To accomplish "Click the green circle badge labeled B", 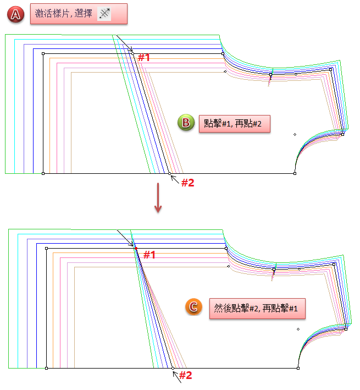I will pos(186,122).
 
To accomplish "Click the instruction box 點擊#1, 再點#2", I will pos(234,123).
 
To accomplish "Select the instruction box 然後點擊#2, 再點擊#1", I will pos(256,307).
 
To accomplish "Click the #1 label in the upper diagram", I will pos(143,57).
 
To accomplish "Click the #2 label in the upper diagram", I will pos(187,183).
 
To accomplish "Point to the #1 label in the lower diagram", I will pos(149,255).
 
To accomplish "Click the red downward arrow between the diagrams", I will pos(158,197).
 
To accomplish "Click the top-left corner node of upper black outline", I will pos(43,53).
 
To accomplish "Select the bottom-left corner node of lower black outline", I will pos(46,367).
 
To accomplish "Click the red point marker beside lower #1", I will pos(136,249).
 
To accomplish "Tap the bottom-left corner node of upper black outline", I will pos(43,173).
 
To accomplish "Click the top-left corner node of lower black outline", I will pos(46,248).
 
